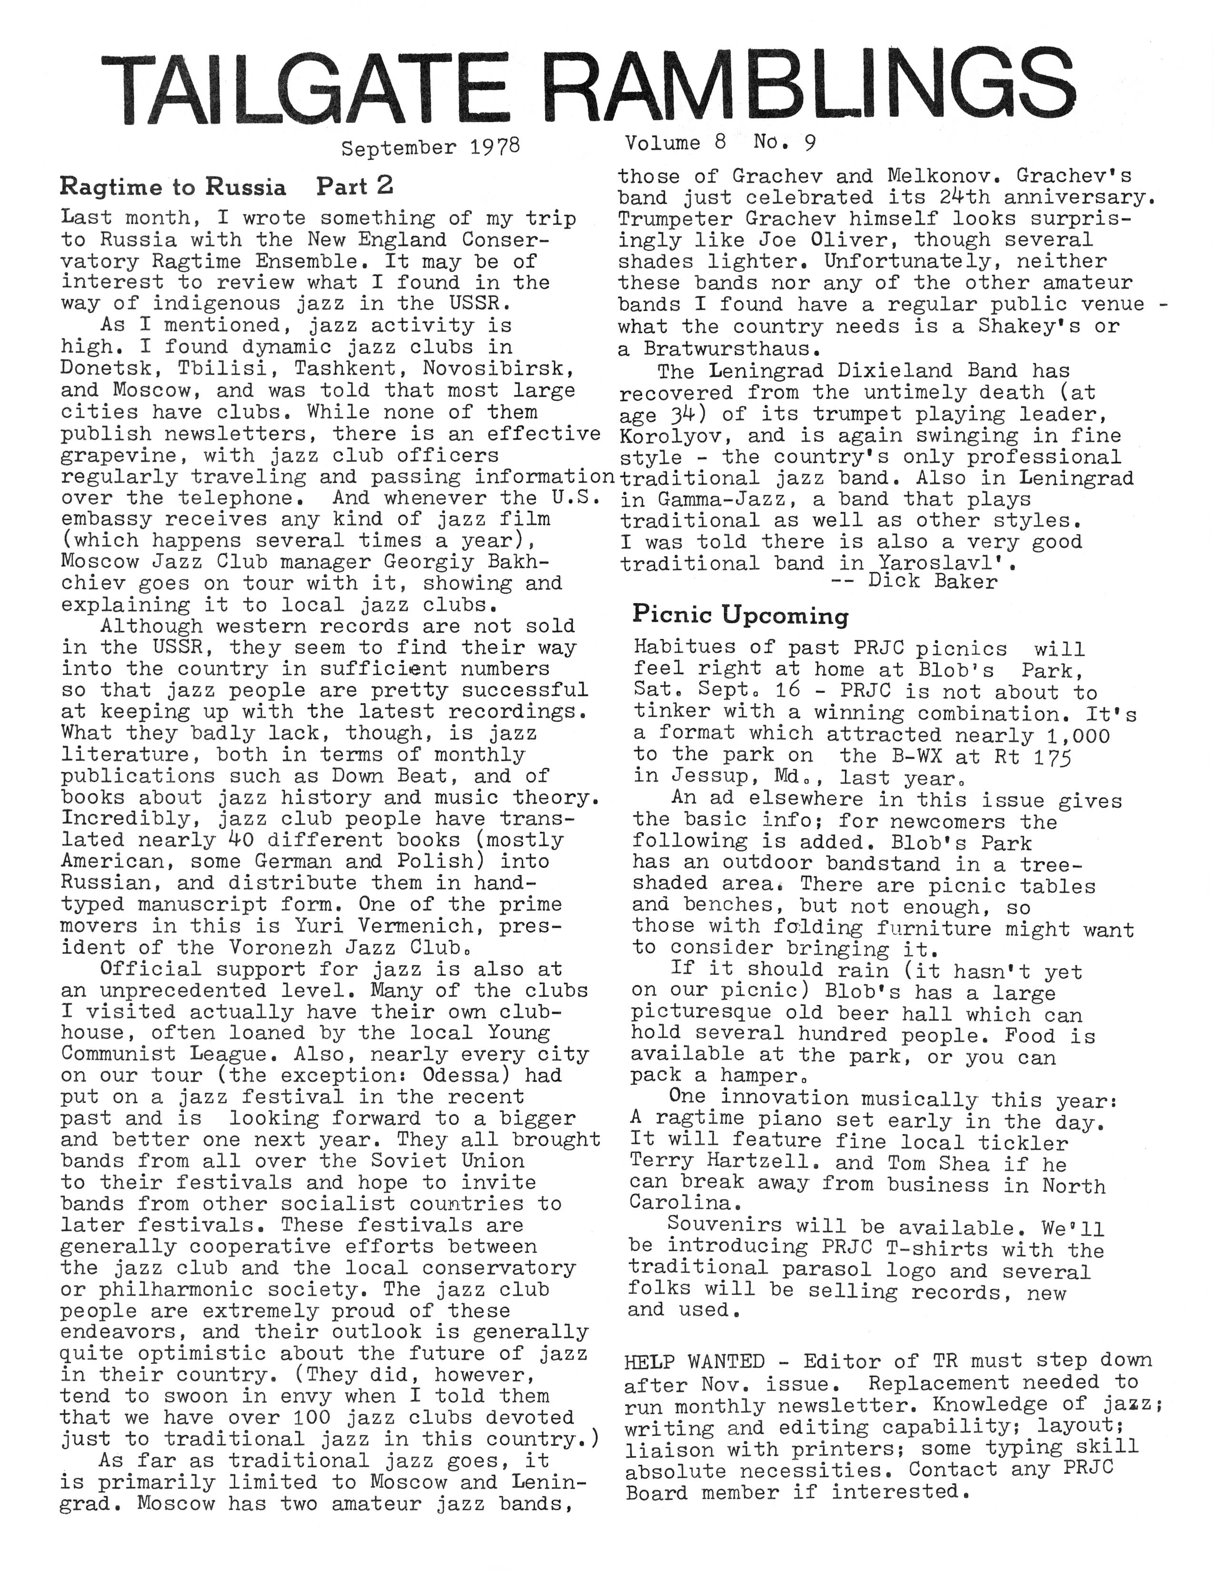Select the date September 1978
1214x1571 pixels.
tap(430, 148)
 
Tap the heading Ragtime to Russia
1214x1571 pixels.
tap(173, 187)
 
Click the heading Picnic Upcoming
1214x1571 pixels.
tap(740, 615)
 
